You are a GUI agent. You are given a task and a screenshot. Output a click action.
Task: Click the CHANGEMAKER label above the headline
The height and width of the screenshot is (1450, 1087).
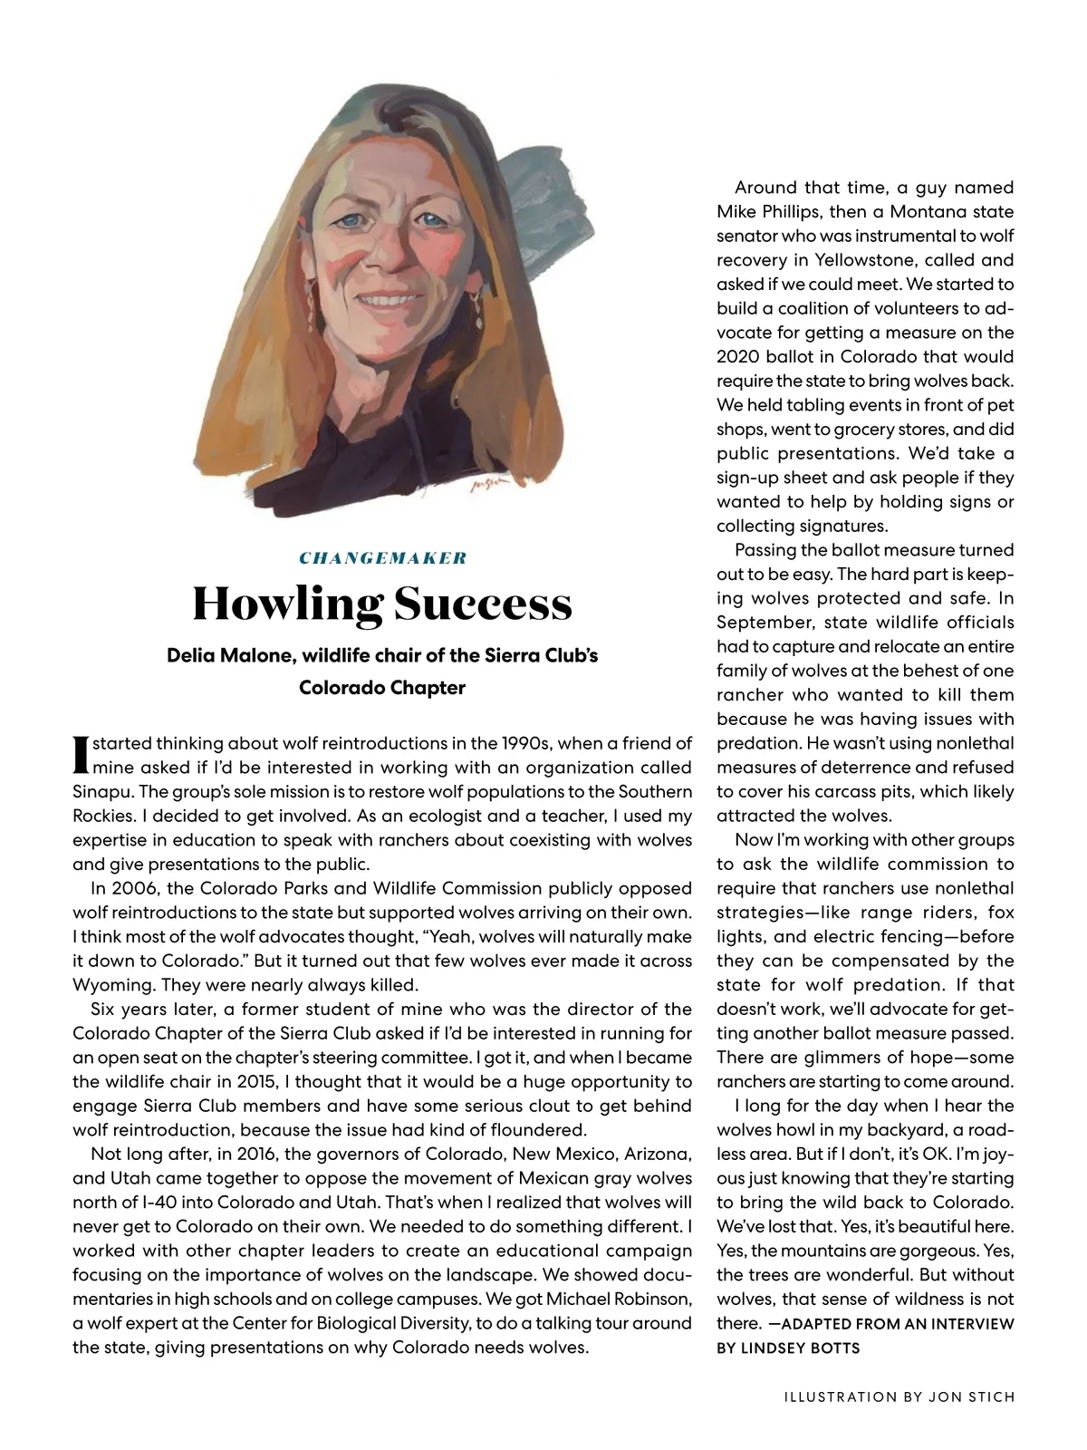click(382, 558)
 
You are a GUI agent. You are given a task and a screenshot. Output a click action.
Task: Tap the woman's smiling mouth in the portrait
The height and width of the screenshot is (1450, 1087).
click(389, 300)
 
